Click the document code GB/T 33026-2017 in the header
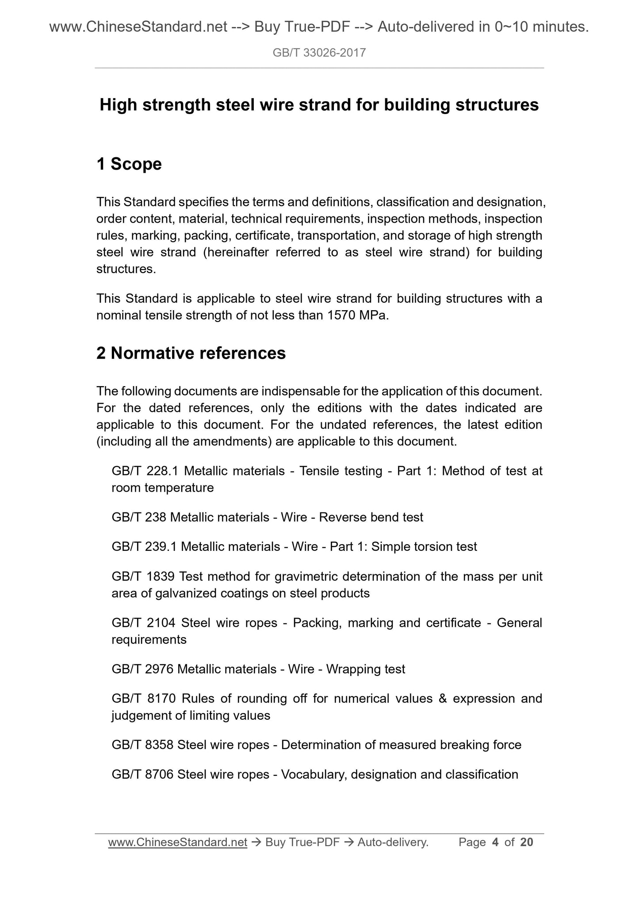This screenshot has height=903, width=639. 319,53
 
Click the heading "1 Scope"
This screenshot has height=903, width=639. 129,164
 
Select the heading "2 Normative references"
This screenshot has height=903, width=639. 191,353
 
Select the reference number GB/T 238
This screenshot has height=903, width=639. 139,517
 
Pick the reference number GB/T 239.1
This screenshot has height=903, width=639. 145,547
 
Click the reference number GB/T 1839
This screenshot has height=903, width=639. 144,577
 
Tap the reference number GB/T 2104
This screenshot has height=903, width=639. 144,623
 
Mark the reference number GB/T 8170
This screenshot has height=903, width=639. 144,699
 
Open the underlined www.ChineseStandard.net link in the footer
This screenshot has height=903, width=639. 177,843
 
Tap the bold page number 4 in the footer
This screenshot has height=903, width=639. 495,843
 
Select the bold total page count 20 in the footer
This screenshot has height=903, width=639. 527,843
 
